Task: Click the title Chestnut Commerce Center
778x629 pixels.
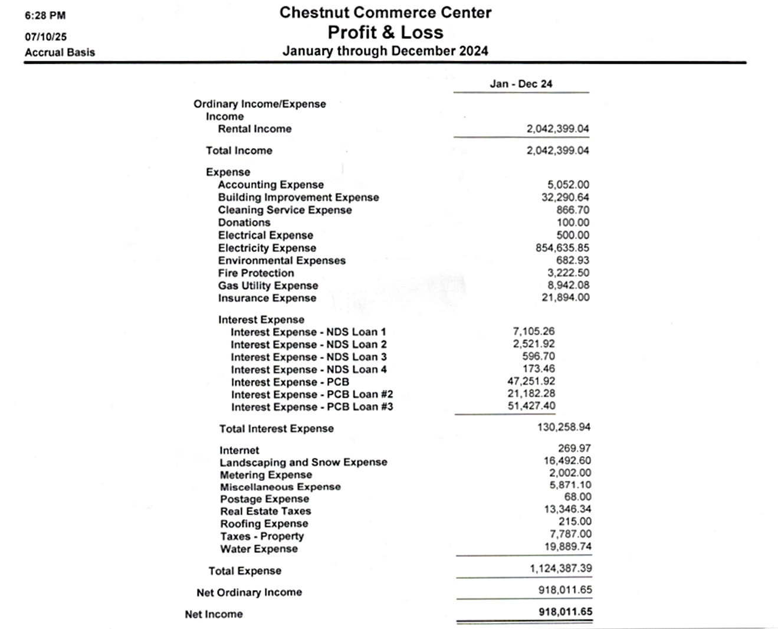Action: click(385, 12)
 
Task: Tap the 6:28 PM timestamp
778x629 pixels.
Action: click(45, 15)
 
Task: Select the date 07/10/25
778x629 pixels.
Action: click(45, 37)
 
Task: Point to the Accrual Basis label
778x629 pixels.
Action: click(60, 53)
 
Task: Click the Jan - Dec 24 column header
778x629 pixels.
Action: click(521, 84)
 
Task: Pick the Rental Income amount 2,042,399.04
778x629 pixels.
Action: click(557, 129)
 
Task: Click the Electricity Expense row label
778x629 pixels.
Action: click(267, 248)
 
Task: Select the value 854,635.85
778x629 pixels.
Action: click(562, 248)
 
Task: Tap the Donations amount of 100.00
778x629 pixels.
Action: click(573, 222)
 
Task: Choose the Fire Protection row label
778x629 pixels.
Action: click(256, 273)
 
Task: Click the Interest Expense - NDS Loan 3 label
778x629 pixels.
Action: click(308, 357)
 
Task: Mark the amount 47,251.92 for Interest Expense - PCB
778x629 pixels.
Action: click(531, 381)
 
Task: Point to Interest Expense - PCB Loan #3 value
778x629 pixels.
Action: click(531, 406)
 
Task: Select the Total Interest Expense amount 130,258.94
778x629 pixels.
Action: click(563, 427)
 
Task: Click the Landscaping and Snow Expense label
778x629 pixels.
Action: click(303, 463)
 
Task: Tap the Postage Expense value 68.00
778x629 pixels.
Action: click(577, 497)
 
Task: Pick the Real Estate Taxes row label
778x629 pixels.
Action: click(265, 512)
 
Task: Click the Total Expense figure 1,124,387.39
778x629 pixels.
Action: click(560, 569)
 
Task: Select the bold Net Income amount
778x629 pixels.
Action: click(565, 612)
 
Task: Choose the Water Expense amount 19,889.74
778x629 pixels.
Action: click(567, 546)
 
